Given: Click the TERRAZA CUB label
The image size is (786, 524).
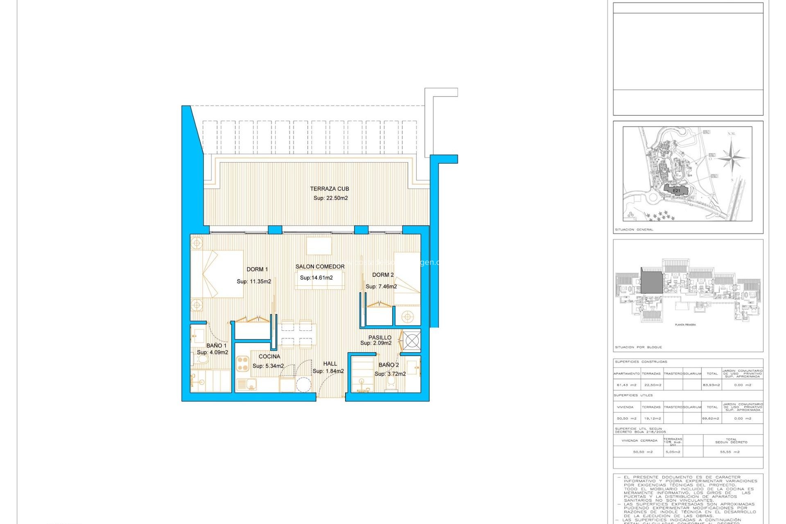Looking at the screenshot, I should [329, 189].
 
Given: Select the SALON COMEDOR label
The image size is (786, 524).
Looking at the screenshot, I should [320, 267].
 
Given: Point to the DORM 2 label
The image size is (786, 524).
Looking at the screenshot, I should [383, 275].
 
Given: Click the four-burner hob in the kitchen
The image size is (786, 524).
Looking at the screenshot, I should [242, 364].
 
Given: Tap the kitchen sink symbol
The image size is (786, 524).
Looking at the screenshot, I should [246, 384].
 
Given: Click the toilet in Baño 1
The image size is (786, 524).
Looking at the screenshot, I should [202, 360].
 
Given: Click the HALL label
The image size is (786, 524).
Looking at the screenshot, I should [330, 364].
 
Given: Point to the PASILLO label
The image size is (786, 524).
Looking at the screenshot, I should [379, 337].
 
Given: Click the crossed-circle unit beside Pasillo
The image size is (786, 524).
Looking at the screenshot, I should [411, 341].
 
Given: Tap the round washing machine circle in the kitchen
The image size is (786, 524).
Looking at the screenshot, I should [303, 385].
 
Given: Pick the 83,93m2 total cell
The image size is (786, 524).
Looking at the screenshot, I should [711, 385].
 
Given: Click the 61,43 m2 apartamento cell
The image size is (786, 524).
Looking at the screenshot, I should [626, 385].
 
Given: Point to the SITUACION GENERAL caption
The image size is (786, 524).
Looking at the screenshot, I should [634, 230].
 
